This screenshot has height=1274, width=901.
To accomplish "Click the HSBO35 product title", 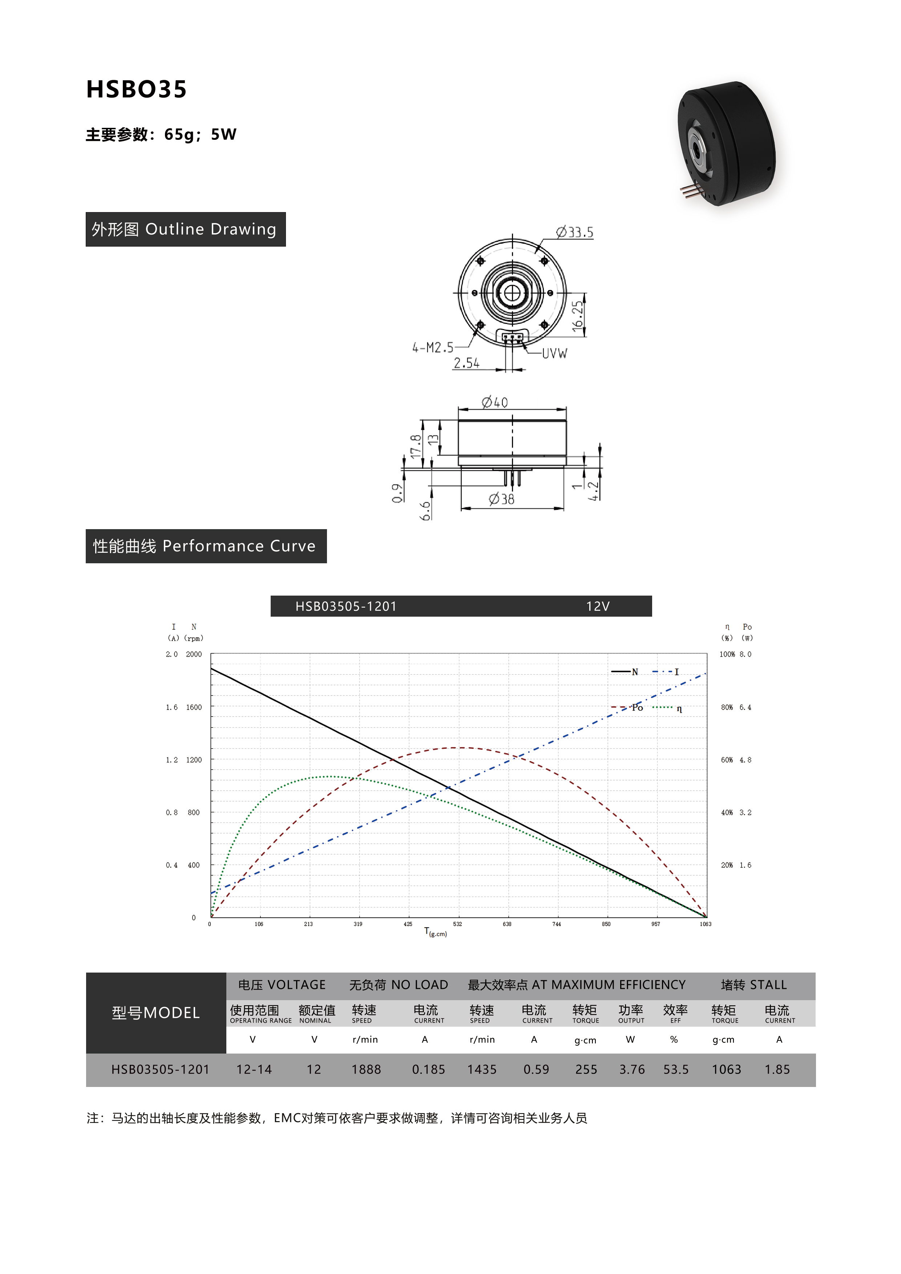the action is pyautogui.click(x=137, y=89).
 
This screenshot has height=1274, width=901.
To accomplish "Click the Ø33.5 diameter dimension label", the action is pyautogui.click(x=575, y=232).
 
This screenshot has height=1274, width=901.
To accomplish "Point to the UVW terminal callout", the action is pyautogui.click(x=555, y=353).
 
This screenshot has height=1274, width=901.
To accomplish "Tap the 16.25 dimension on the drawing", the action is pyautogui.click(x=578, y=317).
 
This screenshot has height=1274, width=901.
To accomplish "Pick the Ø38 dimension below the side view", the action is pyautogui.click(x=501, y=499).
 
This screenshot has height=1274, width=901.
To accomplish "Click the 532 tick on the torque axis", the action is pyautogui.click(x=457, y=924).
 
